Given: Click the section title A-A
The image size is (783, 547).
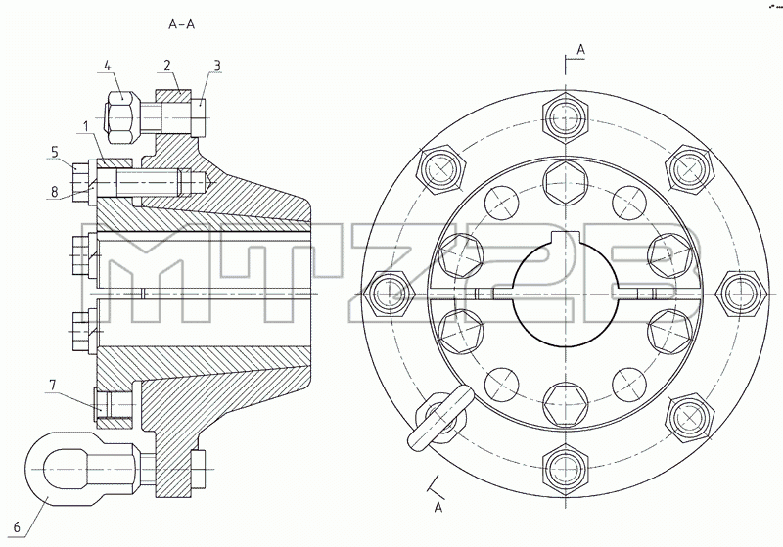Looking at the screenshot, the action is (x=181, y=23).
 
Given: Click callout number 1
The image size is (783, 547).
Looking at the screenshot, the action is (x=86, y=126).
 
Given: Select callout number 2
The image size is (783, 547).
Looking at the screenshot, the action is (x=166, y=66).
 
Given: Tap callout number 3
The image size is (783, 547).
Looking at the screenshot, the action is (x=216, y=66).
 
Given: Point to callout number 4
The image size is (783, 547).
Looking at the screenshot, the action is (x=108, y=66).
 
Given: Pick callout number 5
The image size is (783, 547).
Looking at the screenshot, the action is (x=55, y=152).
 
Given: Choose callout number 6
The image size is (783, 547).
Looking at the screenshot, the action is (x=17, y=527).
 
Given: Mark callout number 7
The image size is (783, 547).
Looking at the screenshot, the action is (x=53, y=386).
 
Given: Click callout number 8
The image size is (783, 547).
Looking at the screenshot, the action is (x=55, y=191).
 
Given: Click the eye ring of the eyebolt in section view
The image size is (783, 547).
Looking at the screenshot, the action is (x=32, y=470).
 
